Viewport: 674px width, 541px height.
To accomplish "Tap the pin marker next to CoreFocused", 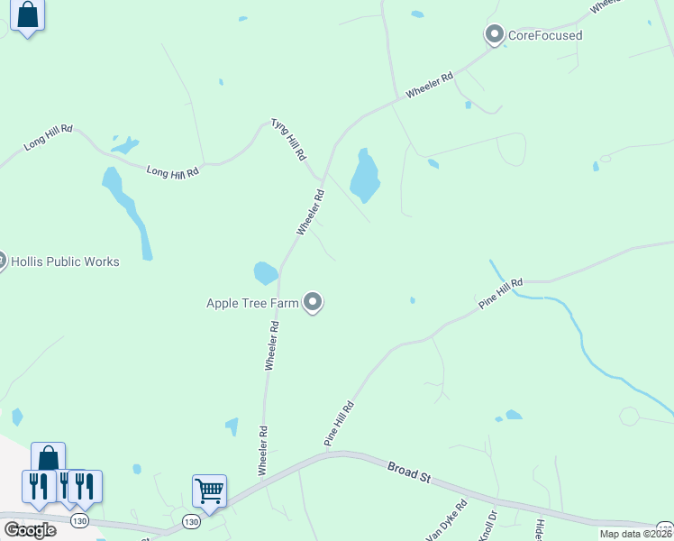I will [494, 35].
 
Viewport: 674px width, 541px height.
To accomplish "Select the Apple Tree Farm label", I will [251, 303].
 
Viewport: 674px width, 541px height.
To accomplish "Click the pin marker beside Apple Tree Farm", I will [313, 302].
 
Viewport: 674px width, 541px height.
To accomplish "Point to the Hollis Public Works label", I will [64, 261].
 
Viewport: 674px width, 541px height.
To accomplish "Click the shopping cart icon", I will [209, 491].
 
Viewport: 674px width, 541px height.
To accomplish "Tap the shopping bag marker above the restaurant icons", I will [48, 458].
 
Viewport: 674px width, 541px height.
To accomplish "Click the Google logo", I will [30, 529].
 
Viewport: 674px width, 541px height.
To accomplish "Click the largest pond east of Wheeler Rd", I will [365, 177].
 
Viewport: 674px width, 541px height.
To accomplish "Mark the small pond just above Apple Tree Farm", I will [265, 271].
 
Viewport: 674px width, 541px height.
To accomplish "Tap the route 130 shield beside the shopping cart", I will [189, 521].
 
